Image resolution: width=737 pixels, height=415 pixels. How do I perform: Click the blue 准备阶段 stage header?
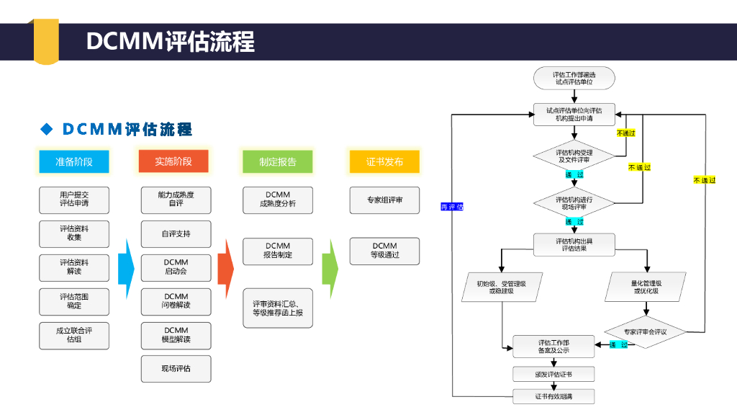tap(74, 161)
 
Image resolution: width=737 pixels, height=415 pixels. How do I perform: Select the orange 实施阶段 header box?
tap(173, 161)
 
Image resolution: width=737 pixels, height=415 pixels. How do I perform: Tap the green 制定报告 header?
tap(277, 161)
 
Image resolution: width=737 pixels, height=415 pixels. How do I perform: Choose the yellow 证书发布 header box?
tap(384, 161)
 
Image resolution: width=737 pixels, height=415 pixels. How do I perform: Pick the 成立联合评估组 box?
tap(74, 335)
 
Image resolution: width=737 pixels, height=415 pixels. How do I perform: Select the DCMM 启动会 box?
tap(176, 267)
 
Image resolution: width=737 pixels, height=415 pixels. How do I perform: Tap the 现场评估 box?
tap(176, 368)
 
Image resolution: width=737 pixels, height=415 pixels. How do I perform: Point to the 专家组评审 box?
tap(384, 200)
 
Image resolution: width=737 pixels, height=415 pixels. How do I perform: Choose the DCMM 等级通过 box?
tap(384, 251)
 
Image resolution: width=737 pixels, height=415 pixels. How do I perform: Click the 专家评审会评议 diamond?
tap(645, 332)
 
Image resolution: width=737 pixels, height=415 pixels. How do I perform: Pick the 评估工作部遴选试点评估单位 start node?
tap(574, 78)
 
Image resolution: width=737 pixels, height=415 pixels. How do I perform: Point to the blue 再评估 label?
tap(452, 207)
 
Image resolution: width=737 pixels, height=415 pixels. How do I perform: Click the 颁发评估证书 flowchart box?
tap(553, 374)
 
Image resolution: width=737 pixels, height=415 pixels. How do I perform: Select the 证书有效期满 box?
tap(553, 396)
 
